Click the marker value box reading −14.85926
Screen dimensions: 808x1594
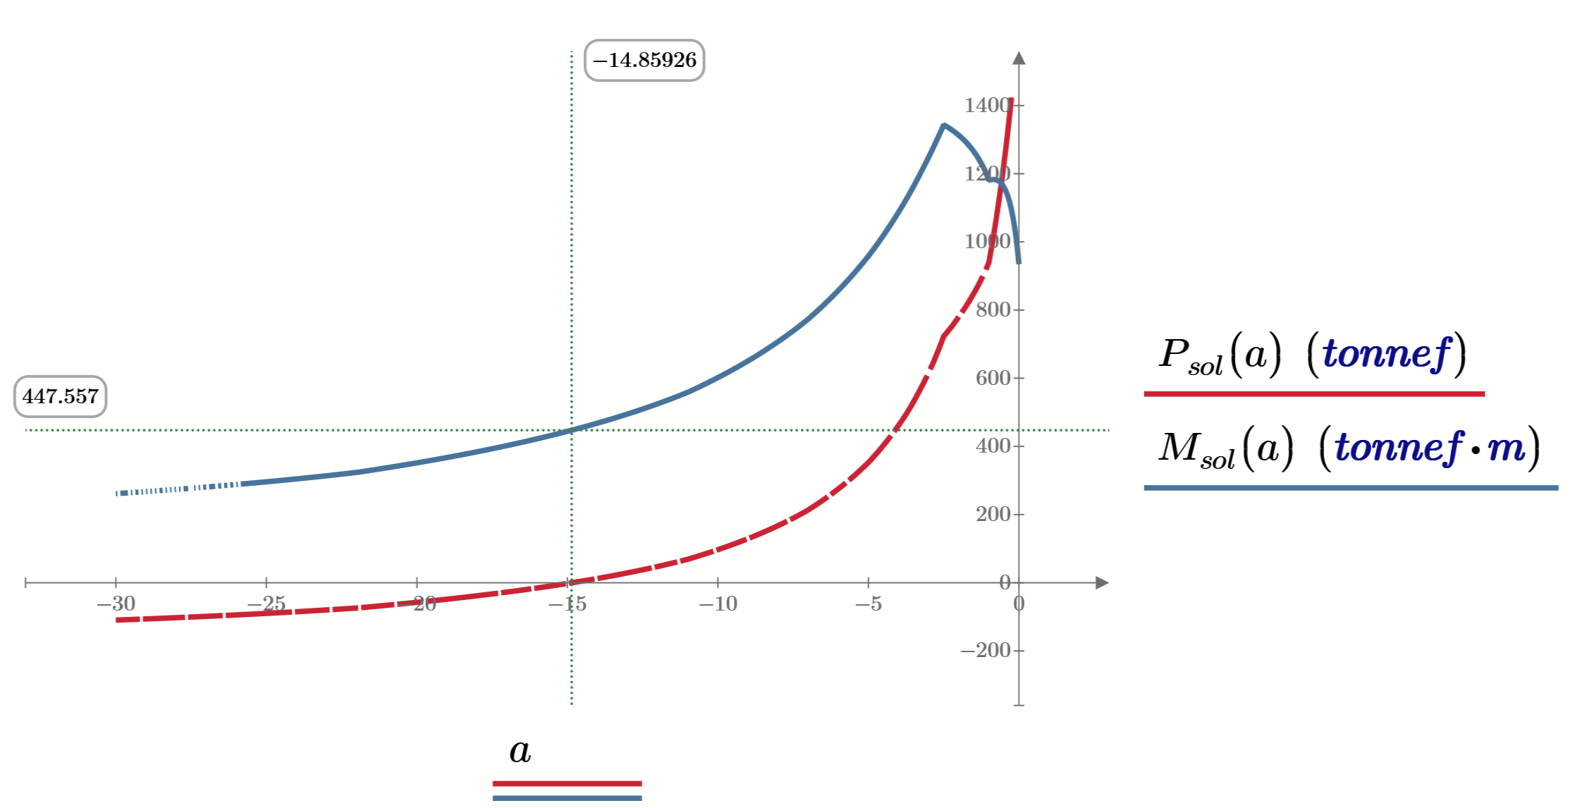pyautogui.click(x=644, y=61)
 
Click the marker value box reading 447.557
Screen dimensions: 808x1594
pyautogui.click(x=60, y=396)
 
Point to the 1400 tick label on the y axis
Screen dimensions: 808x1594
pyautogui.click(x=987, y=105)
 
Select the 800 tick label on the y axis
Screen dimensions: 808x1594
pyautogui.click(x=993, y=310)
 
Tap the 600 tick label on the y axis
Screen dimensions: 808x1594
pyautogui.click(x=993, y=378)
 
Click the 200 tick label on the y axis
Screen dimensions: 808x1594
pyautogui.click(x=993, y=514)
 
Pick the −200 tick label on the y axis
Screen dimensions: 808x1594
pyautogui.click(x=986, y=650)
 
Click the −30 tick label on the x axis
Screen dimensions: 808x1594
pyautogui.click(x=116, y=604)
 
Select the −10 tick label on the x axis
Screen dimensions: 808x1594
pyautogui.click(x=718, y=604)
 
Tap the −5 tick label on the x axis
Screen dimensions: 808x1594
pyautogui.click(x=869, y=604)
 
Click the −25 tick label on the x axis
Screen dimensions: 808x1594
pyautogui.click(x=266, y=604)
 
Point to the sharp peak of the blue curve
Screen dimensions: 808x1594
pyautogui.click(x=943, y=126)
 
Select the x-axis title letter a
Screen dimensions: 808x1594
pyautogui.click(x=520, y=751)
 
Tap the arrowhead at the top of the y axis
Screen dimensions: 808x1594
pyautogui.click(x=1019, y=58)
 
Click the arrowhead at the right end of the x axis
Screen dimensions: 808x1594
pyautogui.click(x=1102, y=582)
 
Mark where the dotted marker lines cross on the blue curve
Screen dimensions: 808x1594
pyautogui.click(x=572, y=429)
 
